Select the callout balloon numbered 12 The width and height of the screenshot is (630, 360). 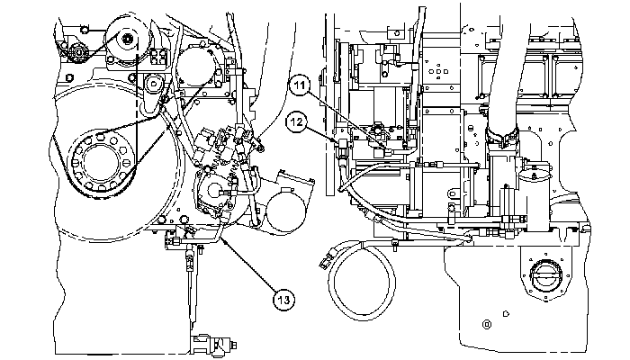coord(296,121)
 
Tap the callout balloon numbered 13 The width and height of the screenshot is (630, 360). coord(283,300)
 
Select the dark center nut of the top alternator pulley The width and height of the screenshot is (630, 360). coord(128,38)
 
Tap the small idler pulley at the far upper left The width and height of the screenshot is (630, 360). coord(77,52)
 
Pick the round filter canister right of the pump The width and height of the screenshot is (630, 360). coord(286,209)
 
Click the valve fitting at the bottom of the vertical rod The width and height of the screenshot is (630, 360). coord(213,344)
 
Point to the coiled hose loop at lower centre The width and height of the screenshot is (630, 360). coord(363,281)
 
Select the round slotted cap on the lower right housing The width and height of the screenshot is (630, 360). coord(545,276)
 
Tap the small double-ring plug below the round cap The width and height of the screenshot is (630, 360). coord(487,324)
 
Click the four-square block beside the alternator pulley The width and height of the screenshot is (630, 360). coord(158,57)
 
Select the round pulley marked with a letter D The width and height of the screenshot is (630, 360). coord(153,85)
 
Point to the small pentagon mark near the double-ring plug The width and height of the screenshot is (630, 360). coord(506,313)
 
